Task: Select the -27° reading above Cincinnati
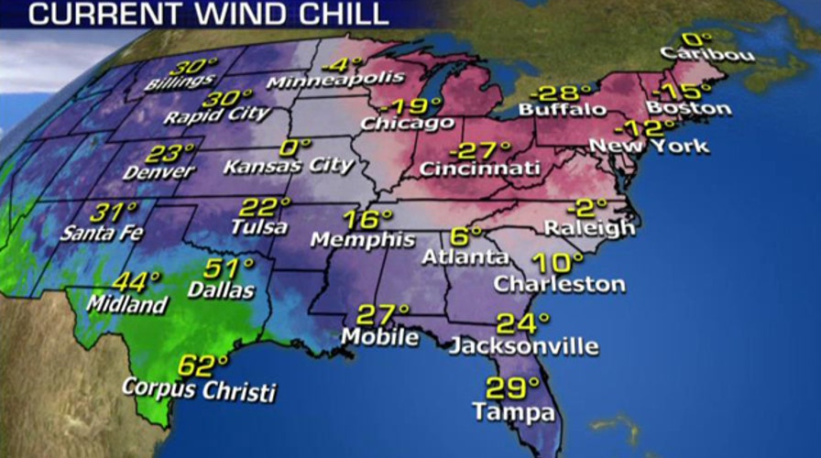(479, 150)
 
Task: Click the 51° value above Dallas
(228, 268)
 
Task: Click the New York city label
(649, 146)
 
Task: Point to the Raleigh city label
(588, 227)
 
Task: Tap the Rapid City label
(217, 116)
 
